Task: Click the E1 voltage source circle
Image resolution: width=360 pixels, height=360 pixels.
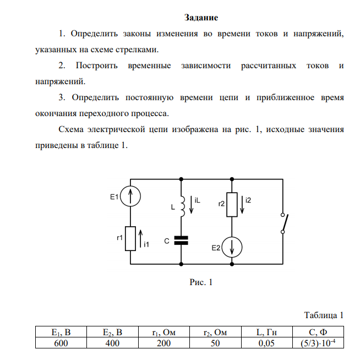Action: click(x=131, y=197)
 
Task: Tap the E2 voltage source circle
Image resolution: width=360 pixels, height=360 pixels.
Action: click(x=231, y=248)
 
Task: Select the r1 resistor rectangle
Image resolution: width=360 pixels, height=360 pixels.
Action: click(x=131, y=238)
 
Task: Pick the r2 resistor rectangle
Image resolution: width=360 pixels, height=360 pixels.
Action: click(x=231, y=204)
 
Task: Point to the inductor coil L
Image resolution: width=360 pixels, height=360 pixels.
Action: click(x=181, y=208)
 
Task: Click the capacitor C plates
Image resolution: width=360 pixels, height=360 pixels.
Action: click(x=181, y=240)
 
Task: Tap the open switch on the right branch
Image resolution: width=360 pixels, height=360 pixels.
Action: click(x=282, y=223)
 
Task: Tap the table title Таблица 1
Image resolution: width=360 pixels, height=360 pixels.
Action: click(x=324, y=315)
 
